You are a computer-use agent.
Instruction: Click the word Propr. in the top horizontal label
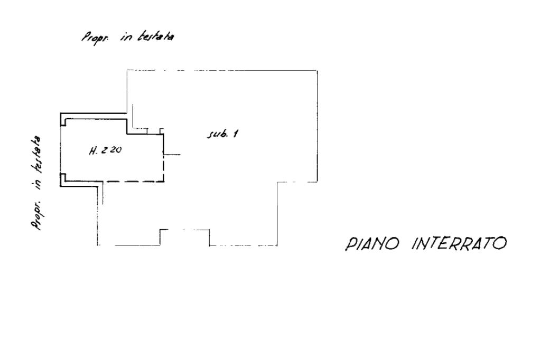click(92, 37)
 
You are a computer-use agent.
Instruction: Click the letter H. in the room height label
click(94, 150)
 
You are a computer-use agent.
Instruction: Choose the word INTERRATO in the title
click(460, 243)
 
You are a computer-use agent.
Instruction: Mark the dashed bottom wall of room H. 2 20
click(132, 182)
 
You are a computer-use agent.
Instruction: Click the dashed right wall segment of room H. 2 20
click(164, 169)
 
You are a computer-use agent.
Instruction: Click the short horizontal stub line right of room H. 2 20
click(172, 155)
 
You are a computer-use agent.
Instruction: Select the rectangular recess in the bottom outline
click(185, 236)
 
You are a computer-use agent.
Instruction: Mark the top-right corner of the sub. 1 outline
click(317, 70)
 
